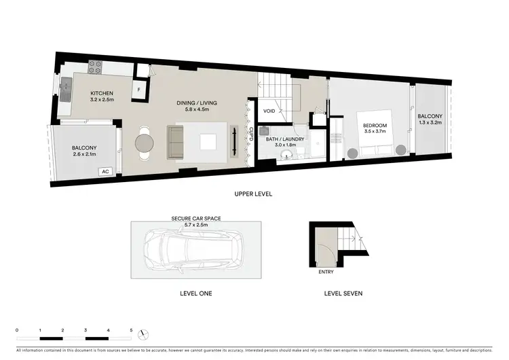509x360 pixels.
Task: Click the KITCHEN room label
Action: pyautogui.click(x=102, y=93)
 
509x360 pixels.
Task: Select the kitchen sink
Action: pyautogui.click(x=67, y=87)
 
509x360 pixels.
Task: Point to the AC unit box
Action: pyautogui.click(x=105, y=172)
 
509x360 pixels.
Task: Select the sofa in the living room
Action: pyautogui.click(x=175, y=141)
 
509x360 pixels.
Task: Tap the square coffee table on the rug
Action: pyautogui.click(x=208, y=141)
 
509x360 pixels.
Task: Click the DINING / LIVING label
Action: pyautogui.click(x=193, y=103)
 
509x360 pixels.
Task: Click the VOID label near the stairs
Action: pyautogui.click(x=269, y=111)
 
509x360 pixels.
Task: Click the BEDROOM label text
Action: pyautogui.click(x=375, y=126)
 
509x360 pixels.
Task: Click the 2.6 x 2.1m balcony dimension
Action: pyautogui.click(x=85, y=154)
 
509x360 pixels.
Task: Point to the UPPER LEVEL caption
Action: pyautogui.click(x=253, y=194)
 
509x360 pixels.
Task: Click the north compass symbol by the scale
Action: pyautogui.click(x=142, y=334)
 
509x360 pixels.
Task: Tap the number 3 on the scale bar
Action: pyautogui.click(x=86, y=329)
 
